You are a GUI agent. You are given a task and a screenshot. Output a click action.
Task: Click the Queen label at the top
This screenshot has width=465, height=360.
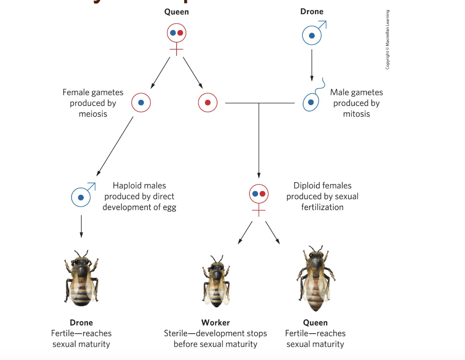pyautogui.click(x=177, y=12)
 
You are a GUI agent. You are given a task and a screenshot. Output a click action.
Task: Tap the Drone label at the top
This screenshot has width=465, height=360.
pyautogui.click(x=312, y=12)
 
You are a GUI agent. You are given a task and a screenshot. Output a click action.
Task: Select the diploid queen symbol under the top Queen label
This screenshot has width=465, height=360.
pyautogui.click(x=177, y=33)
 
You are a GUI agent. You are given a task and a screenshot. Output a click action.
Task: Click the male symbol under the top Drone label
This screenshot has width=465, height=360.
pyautogui.click(x=312, y=35)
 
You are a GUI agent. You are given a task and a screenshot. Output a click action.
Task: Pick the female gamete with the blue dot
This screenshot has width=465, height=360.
pyautogui.click(x=141, y=103)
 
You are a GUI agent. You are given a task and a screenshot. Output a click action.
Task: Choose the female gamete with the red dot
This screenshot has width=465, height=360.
pyautogui.click(x=208, y=103)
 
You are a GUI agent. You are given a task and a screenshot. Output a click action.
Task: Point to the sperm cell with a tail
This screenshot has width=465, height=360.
pyautogui.click(x=311, y=102)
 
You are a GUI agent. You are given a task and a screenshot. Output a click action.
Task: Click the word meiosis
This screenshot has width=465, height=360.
pyautogui.click(x=93, y=114)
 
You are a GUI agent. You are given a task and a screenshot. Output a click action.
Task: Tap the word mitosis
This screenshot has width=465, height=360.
pyautogui.click(x=357, y=114)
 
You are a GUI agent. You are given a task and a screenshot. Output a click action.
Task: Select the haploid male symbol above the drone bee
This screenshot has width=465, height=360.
pyautogui.click(x=81, y=197)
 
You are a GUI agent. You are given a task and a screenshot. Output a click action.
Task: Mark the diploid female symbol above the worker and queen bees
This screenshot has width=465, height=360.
pyautogui.click(x=258, y=194)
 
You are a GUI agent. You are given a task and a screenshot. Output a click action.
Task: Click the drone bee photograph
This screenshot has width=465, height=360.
pyautogui.click(x=81, y=278)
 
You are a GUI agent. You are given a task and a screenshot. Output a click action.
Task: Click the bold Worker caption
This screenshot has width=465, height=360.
pyautogui.click(x=215, y=322)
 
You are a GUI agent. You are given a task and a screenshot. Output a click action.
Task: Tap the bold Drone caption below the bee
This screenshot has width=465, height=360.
pyautogui.click(x=81, y=322)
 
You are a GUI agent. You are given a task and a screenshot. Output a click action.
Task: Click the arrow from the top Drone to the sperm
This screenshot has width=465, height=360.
pyautogui.click(x=312, y=65)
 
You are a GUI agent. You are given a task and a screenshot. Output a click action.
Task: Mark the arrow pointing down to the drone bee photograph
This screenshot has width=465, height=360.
pyautogui.click(x=81, y=226)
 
